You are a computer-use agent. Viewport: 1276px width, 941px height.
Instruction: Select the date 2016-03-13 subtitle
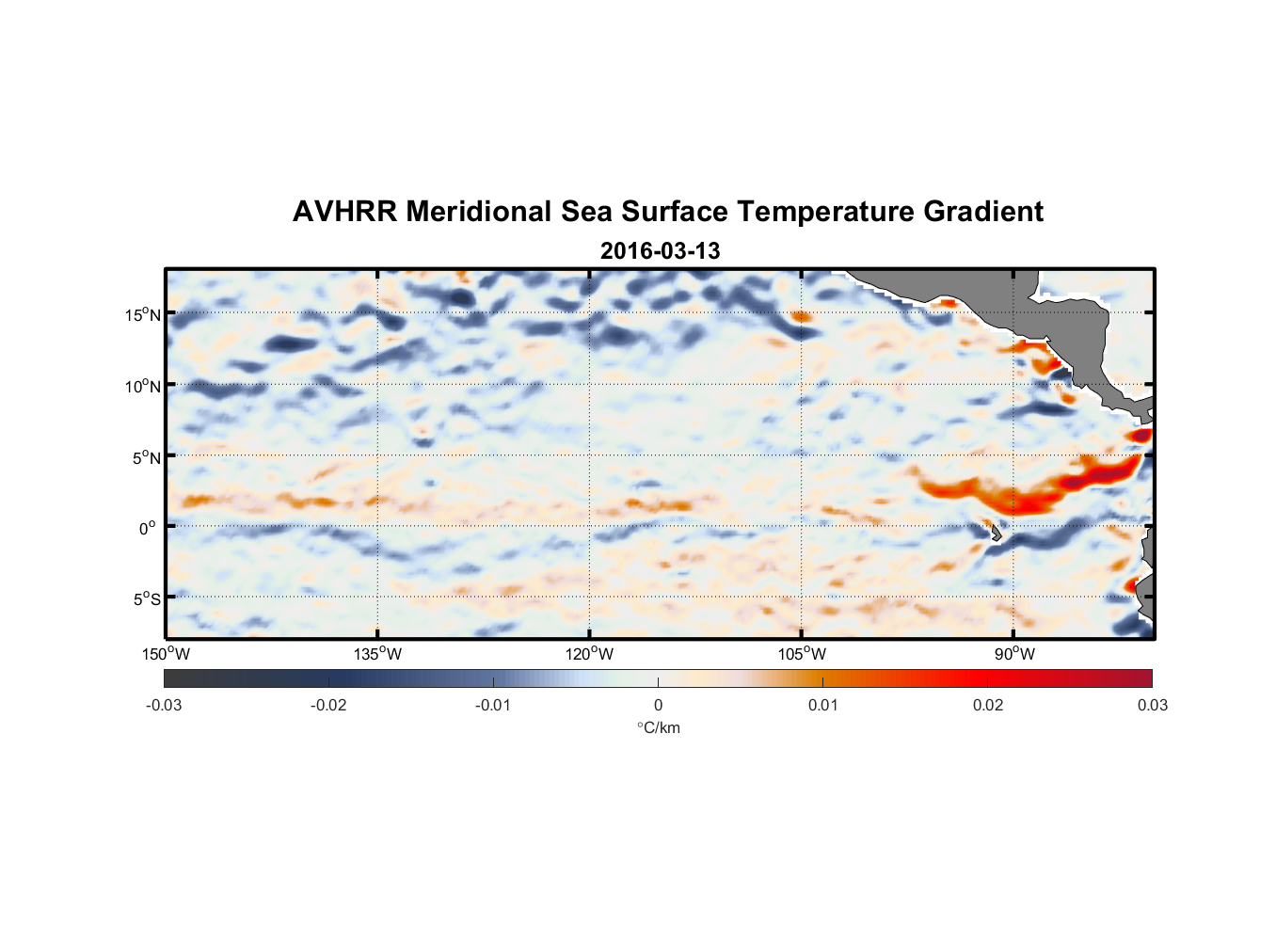pyautogui.click(x=660, y=251)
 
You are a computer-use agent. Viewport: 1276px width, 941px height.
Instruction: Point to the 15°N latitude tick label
pyautogui.click(x=143, y=314)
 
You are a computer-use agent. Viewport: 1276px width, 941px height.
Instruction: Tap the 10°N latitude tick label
pyautogui.click(x=143, y=386)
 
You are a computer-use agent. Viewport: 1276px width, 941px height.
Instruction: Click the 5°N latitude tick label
pyautogui.click(x=146, y=457)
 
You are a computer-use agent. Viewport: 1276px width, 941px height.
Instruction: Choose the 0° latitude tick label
pyautogui.click(x=148, y=528)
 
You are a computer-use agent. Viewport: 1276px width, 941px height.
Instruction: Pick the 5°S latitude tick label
pyautogui.click(x=146, y=599)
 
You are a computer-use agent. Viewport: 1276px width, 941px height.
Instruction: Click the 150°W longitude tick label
pyautogui.click(x=167, y=654)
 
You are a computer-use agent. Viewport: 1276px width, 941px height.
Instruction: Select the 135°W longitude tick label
pyautogui.click(x=378, y=654)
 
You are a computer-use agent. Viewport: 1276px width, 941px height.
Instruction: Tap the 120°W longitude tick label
pyautogui.click(x=590, y=654)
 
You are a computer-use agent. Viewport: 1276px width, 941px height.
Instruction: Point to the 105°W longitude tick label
pyautogui.click(x=802, y=654)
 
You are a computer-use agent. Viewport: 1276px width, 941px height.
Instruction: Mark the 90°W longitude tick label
pyautogui.click(x=1014, y=654)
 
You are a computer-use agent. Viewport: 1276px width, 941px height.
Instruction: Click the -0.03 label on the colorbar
pyautogui.click(x=164, y=705)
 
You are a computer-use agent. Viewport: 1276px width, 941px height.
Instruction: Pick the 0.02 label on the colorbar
pyautogui.click(x=988, y=705)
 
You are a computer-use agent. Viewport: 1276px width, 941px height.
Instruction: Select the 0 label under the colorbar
pyautogui.click(x=658, y=705)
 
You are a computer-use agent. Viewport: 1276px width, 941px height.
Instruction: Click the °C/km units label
pyautogui.click(x=658, y=727)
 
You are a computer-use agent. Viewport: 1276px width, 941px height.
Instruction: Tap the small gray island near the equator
pyautogui.click(x=995, y=533)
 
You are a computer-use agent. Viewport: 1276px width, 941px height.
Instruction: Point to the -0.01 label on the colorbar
pyautogui.click(x=493, y=705)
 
